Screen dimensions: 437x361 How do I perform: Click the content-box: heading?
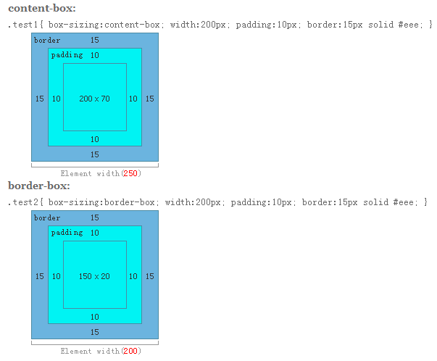[42, 8]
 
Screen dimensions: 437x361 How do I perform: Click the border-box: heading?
[39, 186]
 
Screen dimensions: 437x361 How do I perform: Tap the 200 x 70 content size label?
[94, 99]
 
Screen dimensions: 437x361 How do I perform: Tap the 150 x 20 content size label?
[94, 276]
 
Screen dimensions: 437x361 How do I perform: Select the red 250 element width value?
[130, 173]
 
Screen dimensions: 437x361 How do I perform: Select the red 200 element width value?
[130, 351]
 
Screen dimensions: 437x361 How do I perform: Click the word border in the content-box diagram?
[47, 40]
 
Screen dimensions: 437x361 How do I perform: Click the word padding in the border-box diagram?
[67, 233]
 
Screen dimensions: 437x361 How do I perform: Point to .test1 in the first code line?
[23, 25]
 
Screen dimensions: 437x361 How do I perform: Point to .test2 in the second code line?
[23, 202]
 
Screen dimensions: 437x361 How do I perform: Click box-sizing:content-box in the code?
[104, 25]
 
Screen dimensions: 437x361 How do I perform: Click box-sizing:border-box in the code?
[101, 202]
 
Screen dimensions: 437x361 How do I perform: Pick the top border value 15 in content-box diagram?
[95, 40]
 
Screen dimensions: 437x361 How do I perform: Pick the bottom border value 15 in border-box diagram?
[95, 332]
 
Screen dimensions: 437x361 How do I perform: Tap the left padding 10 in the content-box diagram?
[57, 99]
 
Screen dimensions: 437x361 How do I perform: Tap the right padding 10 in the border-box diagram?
[133, 276]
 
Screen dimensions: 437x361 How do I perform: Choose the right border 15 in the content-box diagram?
[150, 99]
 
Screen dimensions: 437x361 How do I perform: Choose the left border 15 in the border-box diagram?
[40, 276]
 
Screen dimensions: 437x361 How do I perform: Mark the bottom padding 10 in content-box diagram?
[95, 139]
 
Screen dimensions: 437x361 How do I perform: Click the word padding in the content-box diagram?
[67, 55]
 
